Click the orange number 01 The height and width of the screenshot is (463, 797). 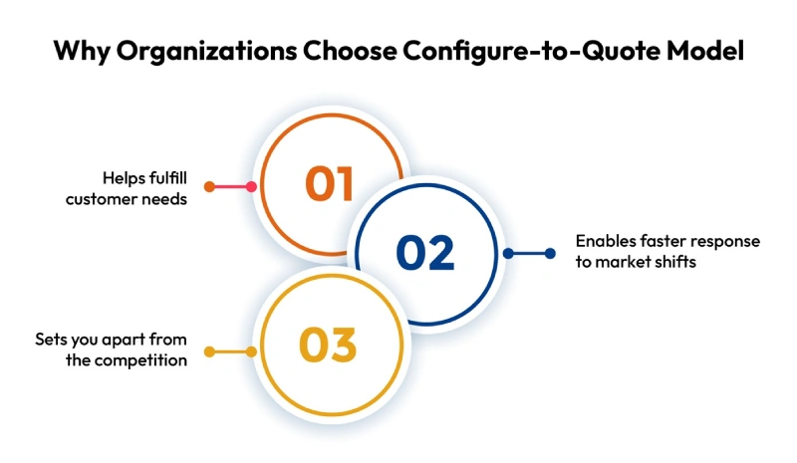click(330, 184)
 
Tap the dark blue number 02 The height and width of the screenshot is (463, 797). click(425, 253)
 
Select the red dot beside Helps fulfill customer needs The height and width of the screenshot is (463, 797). click(208, 186)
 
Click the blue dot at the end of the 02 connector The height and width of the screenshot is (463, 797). click(550, 254)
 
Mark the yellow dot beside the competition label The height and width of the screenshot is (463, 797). click(208, 351)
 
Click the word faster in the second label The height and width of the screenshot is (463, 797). click(658, 242)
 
